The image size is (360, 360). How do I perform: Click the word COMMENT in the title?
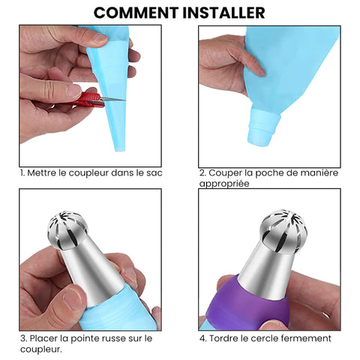point(136,13)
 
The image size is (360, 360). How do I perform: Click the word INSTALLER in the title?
point(223,13)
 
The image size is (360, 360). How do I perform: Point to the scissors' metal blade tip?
point(124,100)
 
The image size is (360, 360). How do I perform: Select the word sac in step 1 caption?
point(154,173)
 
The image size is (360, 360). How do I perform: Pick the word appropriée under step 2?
point(224,184)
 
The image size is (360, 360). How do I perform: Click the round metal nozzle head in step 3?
point(67,230)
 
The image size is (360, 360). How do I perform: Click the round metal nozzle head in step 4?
point(283,232)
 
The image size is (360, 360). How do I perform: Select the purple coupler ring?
point(247,305)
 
